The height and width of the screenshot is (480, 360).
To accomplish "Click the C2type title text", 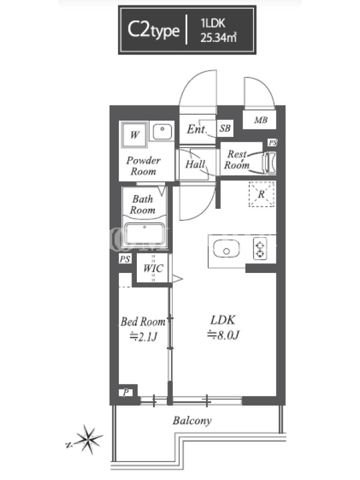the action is click(154, 30).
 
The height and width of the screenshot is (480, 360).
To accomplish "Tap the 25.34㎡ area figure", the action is click(218, 38).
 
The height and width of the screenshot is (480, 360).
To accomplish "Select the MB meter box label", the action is click(261, 120).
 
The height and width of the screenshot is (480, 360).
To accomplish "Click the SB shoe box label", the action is click(225, 128).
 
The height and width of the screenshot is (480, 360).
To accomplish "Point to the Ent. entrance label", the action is click(197, 129).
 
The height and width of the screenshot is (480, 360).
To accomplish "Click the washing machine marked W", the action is click(134, 134).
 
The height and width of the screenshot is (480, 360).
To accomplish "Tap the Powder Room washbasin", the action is click(162, 132).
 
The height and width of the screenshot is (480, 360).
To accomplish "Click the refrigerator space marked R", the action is click(262, 194).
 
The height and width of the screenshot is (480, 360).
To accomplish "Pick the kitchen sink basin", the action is click(226, 249).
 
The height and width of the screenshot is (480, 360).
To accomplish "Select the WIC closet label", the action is click(153, 268).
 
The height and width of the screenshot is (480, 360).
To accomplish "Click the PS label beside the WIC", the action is click(125, 259).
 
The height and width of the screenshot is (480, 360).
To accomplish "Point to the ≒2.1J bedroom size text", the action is click(143, 337).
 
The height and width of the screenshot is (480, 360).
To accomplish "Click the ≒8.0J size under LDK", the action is click(223, 335).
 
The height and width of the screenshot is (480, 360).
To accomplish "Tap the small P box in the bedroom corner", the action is click(126, 392).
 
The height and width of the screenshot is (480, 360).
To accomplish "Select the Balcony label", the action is click(192, 421).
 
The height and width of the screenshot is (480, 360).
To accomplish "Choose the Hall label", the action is click(195, 164).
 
